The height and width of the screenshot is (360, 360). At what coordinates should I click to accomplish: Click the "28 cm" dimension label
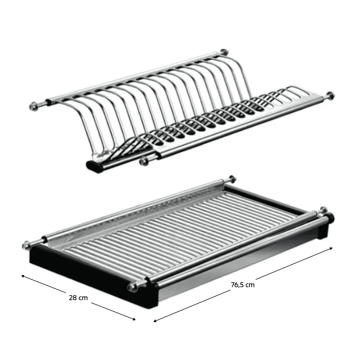click(78, 298)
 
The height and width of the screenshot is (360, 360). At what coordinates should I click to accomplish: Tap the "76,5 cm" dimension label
click(243, 285)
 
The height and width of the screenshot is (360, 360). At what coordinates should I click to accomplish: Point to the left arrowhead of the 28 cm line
click(23, 276)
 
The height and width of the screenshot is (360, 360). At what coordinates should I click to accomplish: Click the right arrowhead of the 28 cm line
click(134, 319)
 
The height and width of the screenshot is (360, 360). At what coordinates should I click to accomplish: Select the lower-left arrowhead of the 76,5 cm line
click(156, 321)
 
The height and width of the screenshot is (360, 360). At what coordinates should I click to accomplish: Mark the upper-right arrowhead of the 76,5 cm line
click(330, 248)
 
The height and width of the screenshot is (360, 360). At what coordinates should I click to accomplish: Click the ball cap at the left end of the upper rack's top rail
click(33, 106)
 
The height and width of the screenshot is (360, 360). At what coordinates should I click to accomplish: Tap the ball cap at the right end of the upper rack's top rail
click(224, 52)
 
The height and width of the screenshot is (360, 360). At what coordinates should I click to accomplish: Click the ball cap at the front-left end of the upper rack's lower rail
click(144, 161)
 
